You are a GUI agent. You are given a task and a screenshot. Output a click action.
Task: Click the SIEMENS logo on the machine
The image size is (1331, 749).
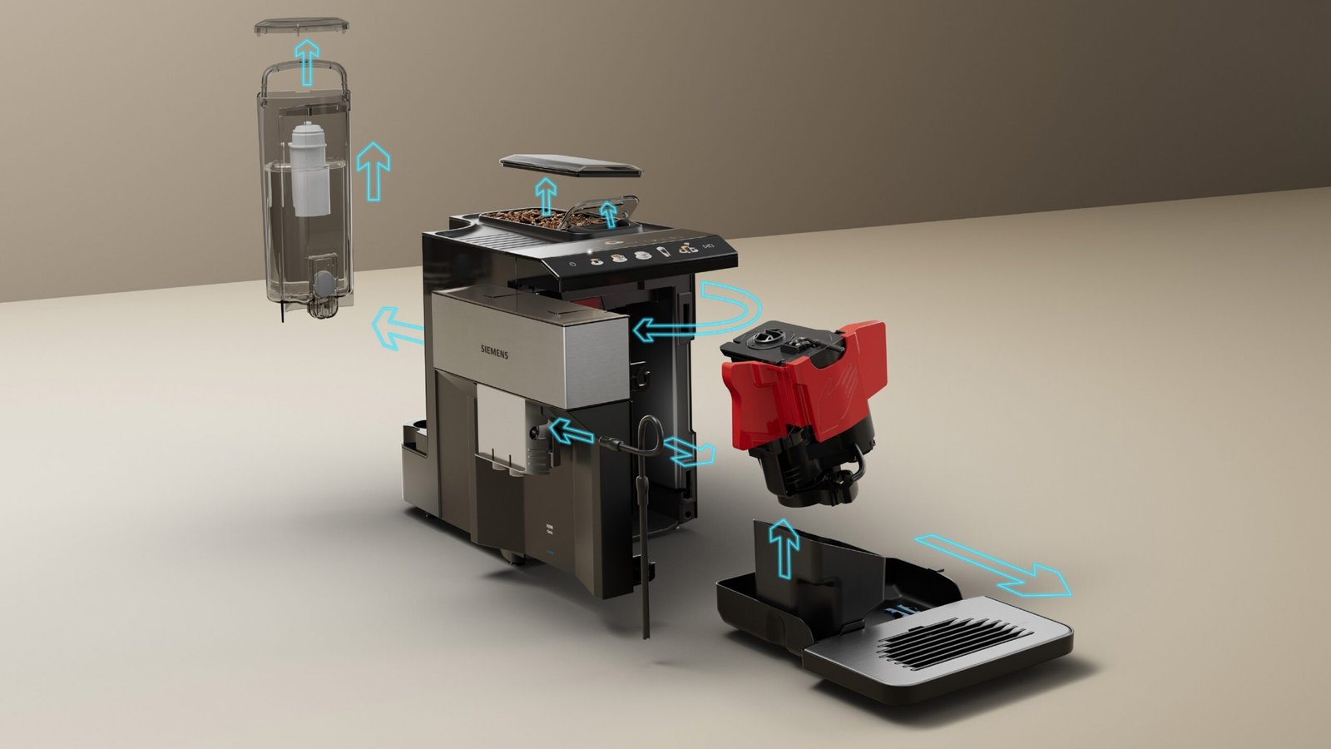coord(494,353)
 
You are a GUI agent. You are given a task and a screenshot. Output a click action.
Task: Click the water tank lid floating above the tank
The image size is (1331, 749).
coord(302,27)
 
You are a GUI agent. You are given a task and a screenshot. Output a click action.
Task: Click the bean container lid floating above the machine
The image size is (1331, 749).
coord(571,166)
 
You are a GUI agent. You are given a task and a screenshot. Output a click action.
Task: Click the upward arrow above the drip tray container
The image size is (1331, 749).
coord(783,545)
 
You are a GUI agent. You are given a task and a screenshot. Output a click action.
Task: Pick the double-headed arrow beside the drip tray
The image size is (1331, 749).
coord(992,565)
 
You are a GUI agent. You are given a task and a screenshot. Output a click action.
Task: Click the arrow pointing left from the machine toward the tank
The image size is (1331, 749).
coord(397,327)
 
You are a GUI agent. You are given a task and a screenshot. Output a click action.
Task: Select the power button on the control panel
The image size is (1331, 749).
coord(572,264)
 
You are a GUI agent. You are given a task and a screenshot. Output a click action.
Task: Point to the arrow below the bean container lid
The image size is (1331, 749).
coord(545,196)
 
